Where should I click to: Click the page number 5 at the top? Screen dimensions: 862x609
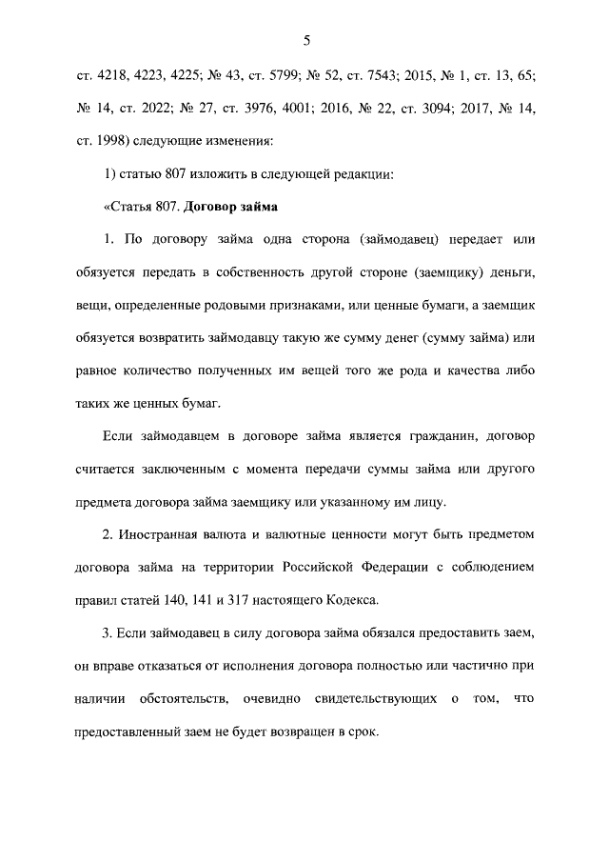[305, 40]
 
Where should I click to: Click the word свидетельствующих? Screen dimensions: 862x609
[365, 701]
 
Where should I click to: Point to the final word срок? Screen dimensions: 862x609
[362, 734]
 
